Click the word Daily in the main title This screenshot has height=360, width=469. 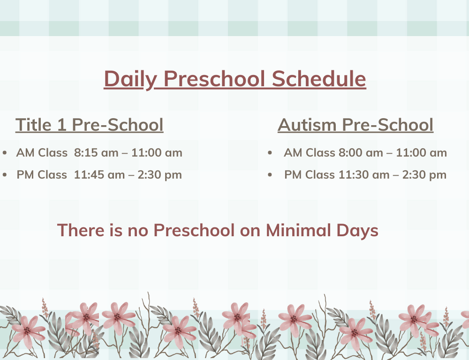point(130,79)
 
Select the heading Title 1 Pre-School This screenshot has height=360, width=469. point(90,125)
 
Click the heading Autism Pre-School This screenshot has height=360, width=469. point(356,125)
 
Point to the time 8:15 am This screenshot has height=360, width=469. point(96,153)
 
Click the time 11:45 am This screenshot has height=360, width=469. point(99,175)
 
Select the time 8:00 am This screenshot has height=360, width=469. point(361,153)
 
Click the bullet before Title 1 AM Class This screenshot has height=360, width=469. point(5,153)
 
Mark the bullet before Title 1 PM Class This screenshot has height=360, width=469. point(5,175)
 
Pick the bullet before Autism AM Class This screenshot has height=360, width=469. point(270,153)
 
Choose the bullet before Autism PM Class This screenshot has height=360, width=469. point(270,175)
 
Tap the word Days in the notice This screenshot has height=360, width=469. point(357,231)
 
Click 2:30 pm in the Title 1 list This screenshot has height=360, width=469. point(160,175)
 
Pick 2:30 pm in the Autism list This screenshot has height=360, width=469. point(424,175)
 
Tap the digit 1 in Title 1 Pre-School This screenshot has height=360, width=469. point(61,125)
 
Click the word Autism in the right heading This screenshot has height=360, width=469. point(307,125)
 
